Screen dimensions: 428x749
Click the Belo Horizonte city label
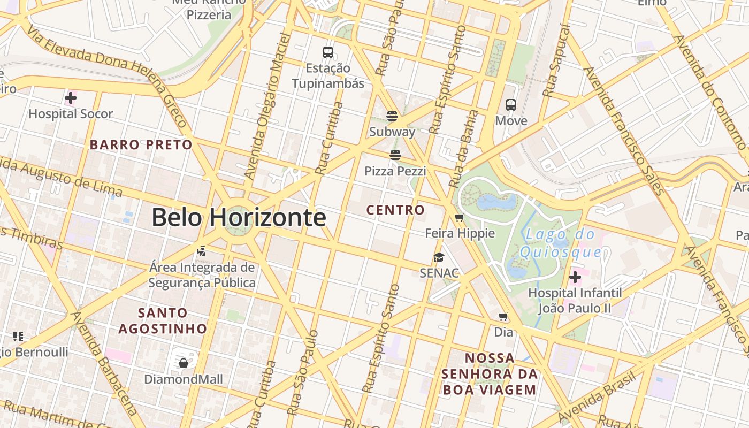239,218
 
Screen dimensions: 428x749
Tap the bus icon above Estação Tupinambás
328,52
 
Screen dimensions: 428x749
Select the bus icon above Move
511,105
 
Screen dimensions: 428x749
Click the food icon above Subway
392,116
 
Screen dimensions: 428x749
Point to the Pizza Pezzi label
395,171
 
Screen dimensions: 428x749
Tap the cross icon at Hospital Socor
70,98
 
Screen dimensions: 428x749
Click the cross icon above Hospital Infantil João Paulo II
575,277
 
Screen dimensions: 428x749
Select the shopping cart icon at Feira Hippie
459,218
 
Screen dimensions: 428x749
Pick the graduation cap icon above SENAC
439,257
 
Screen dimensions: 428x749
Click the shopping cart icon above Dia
503,316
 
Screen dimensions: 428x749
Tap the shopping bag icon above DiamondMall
184,363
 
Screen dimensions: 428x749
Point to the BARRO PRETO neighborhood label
141,144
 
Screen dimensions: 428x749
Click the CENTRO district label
395,210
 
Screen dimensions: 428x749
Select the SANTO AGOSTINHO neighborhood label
163,320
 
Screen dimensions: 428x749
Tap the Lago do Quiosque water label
560,243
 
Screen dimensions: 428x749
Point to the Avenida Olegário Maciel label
266,106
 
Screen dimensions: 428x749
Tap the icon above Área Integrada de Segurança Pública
202,250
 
